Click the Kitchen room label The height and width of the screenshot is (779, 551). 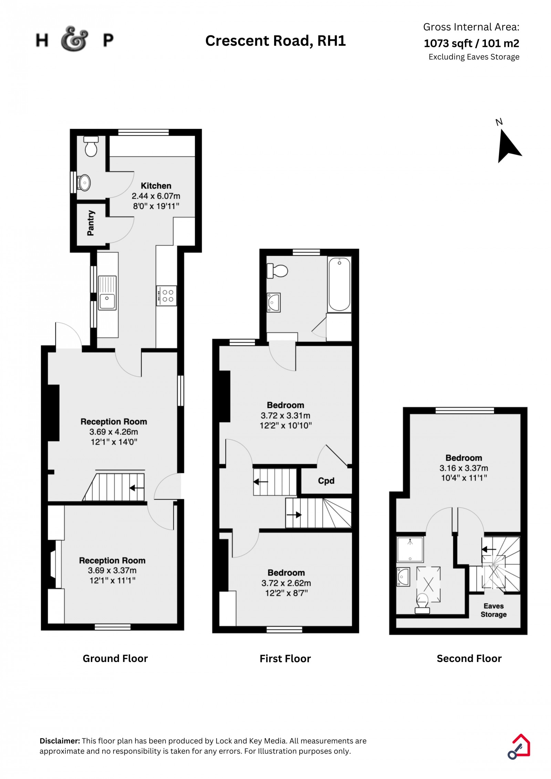tap(156, 186)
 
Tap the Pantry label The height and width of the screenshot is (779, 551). tap(91, 223)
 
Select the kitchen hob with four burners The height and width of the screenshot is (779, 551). tap(167, 296)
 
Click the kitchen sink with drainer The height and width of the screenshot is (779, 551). tap(107, 293)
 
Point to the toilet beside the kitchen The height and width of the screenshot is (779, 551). tap(91, 146)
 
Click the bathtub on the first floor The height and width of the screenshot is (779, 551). tap(339, 284)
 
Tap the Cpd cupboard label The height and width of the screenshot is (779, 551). tap(326, 481)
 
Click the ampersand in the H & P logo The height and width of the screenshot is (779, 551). tap(74, 39)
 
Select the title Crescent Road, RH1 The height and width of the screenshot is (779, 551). tap(275, 41)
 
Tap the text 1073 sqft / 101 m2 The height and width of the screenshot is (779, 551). tap(471, 43)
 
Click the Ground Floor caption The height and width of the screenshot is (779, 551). tap(115, 659)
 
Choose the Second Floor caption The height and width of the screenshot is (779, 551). tap(469, 659)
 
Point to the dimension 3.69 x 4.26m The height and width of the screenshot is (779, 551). tap(114, 432)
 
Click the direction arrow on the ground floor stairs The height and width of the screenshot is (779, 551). tap(137, 488)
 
